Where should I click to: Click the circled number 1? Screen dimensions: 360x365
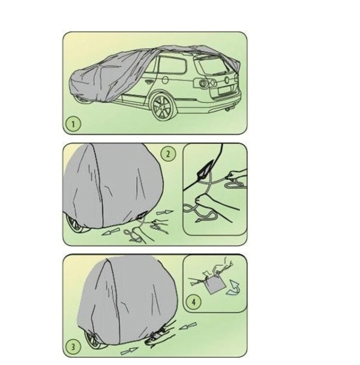73,124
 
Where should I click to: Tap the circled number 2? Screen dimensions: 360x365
168,154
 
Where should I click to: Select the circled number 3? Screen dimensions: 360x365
73,347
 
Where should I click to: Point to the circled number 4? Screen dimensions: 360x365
194,302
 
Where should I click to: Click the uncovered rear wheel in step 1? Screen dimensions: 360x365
161,107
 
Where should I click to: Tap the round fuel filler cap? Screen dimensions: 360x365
165,80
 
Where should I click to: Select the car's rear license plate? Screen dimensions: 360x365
226,91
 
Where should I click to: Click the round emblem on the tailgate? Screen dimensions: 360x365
227,80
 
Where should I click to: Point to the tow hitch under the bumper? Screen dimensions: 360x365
228,109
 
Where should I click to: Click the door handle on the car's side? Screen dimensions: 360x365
148,82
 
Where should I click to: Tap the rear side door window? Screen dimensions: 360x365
172,65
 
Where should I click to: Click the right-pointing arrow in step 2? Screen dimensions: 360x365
164,213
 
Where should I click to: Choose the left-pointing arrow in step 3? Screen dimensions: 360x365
187,326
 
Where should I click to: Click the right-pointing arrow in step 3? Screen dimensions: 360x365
129,351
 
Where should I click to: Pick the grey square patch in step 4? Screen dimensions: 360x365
215,284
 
